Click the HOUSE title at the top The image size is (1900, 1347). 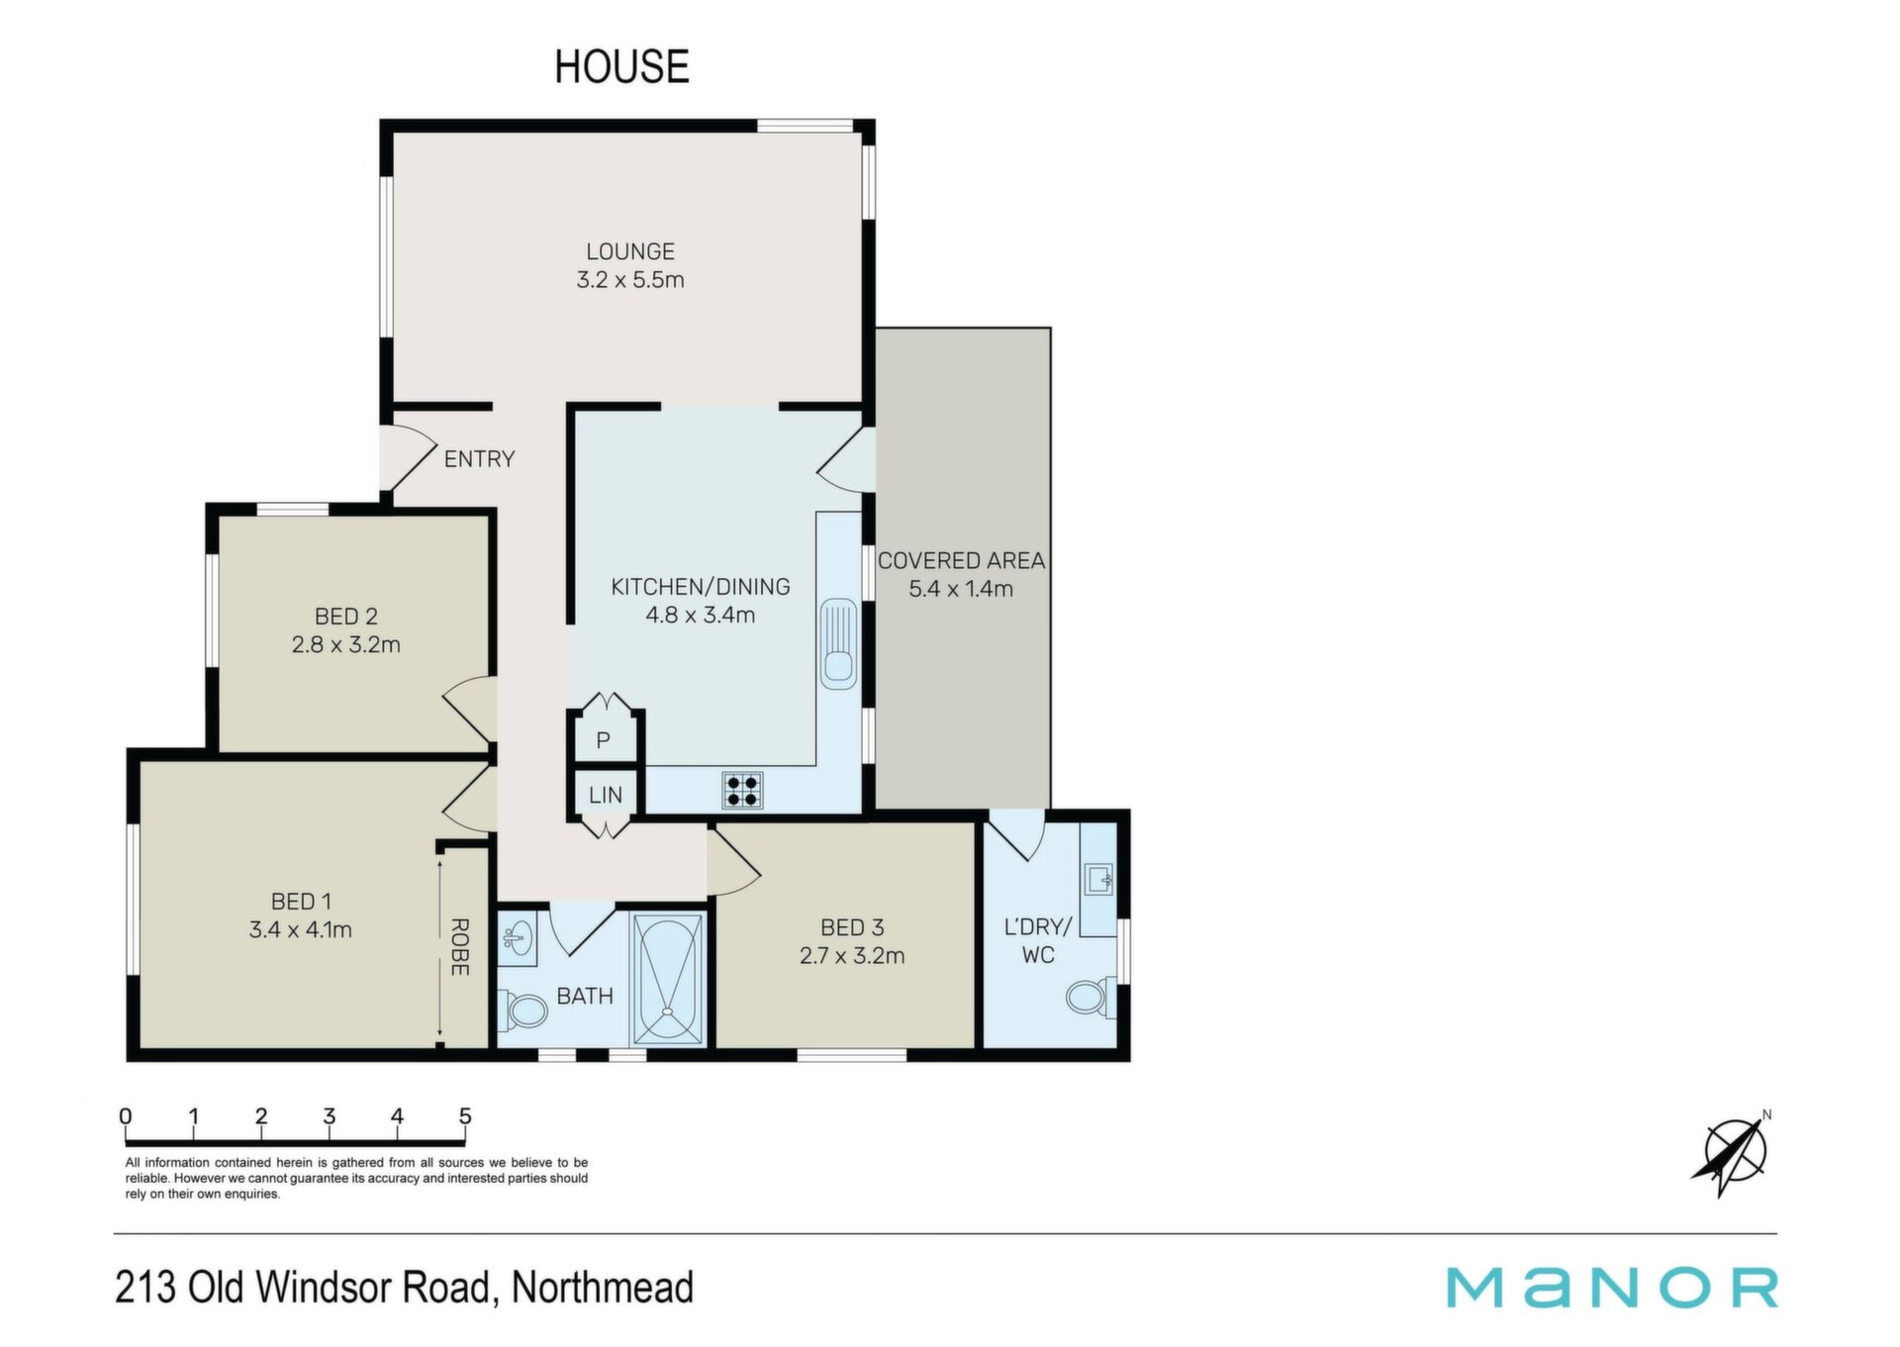621,66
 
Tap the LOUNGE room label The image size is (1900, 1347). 630,252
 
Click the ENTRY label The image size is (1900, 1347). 479,459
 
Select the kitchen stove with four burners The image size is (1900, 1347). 743,790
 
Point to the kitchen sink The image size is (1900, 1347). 838,643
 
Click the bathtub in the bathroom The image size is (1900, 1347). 669,979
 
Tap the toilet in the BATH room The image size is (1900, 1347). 524,1011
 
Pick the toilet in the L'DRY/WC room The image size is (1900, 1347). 1092,997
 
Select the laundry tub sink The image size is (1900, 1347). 1099,879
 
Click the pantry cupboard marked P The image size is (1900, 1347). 604,738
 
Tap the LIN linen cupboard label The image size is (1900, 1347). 606,795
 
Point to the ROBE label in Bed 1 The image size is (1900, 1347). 460,947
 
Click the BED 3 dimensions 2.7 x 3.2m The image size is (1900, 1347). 852,956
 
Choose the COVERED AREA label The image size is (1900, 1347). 961,561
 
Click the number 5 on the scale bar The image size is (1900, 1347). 465,1116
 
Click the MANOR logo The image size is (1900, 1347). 1612,1289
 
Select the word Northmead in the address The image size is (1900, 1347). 603,1288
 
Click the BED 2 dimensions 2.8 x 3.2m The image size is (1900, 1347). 346,645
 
